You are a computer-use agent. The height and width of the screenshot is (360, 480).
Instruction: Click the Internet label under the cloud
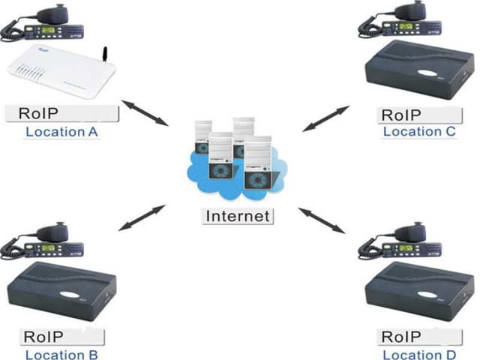pyautogui.click(x=237, y=217)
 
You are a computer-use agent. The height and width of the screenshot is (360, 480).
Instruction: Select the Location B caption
pyautogui.click(x=61, y=354)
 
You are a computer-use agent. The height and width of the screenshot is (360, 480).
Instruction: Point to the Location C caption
pyautogui.click(x=419, y=132)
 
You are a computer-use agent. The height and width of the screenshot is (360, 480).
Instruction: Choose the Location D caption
pyautogui.click(x=419, y=354)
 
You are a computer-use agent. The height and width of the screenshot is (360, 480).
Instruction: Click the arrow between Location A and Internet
pyautogui.click(x=145, y=112)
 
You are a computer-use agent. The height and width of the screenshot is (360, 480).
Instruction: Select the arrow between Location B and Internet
pyautogui.click(x=142, y=217)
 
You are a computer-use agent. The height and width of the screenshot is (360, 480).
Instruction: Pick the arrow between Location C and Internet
pyautogui.click(x=325, y=118)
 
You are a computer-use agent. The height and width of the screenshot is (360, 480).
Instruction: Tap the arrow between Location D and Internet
pyautogui.click(x=327, y=220)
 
